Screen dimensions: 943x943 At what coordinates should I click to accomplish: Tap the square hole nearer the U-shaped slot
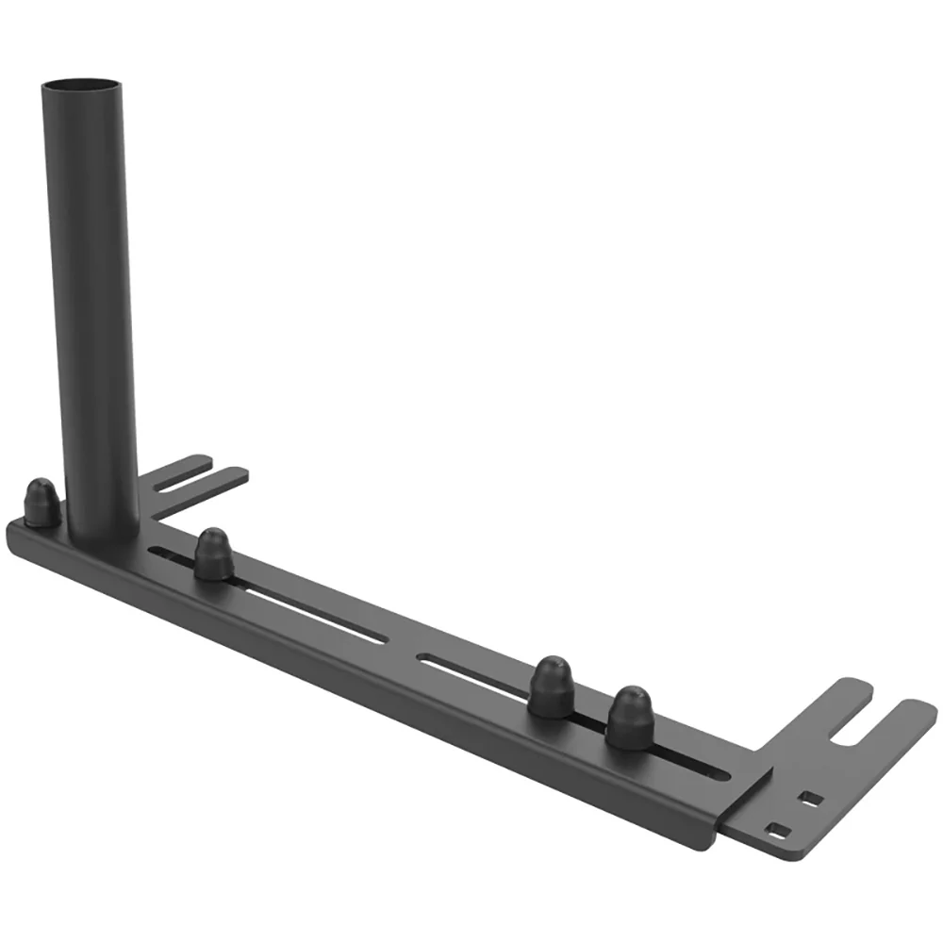tap(809, 799)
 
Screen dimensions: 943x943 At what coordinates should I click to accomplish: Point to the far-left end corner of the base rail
tap(13, 530)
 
